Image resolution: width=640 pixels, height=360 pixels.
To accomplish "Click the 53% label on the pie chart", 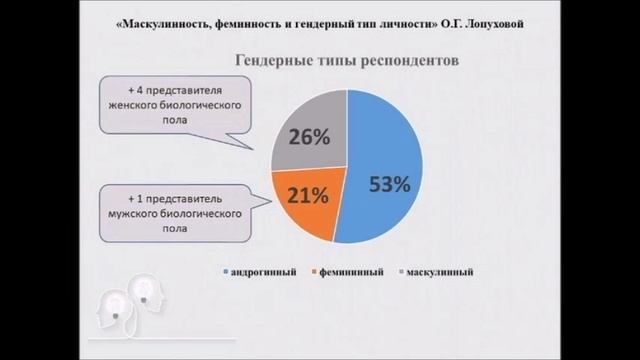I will tap(388, 184).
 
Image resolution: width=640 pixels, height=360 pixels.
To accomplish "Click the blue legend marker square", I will tap(228, 272).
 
